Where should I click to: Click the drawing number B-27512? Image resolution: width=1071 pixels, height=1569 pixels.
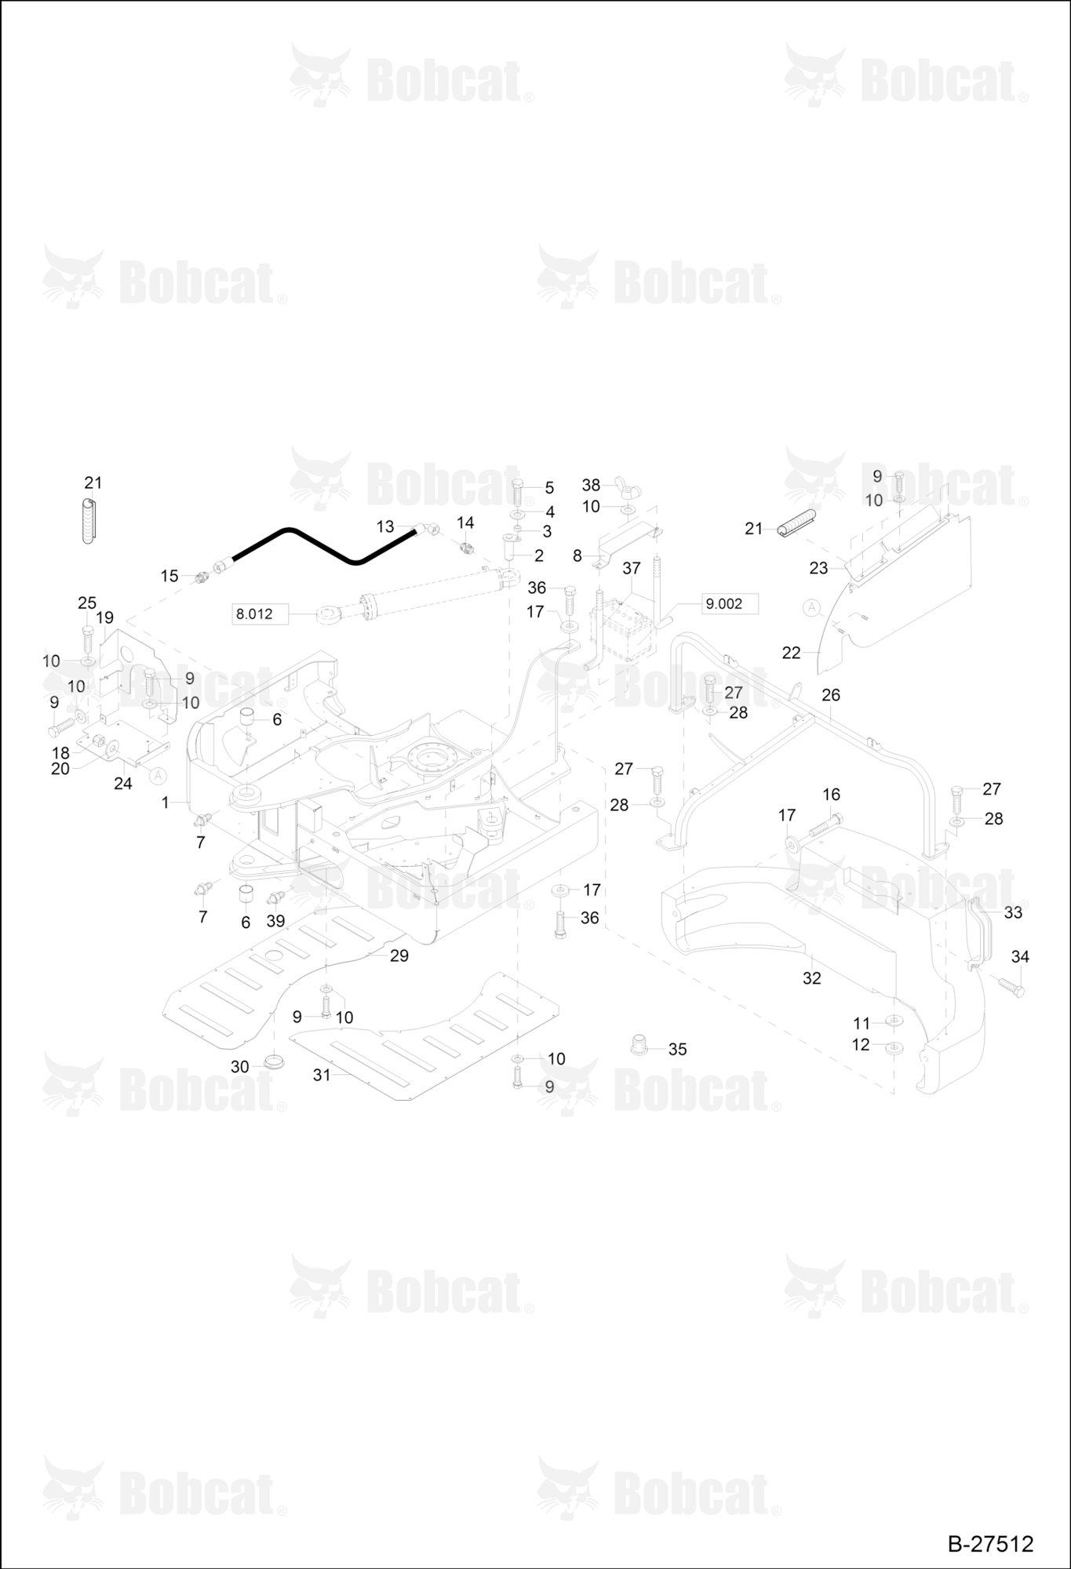[x=990, y=1543]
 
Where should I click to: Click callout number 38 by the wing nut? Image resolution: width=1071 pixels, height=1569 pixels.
[x=591, y=486]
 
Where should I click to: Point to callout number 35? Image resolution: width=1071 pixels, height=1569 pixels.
[x=677, y=1050]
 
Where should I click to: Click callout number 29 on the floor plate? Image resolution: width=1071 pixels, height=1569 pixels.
[x=399, y=956]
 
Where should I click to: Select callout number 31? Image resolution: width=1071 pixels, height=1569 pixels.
[x=322, y=1075]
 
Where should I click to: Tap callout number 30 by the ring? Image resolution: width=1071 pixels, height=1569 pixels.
[x=239, y=1067]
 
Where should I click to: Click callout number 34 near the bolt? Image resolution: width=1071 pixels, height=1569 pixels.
[x=1020, y=956]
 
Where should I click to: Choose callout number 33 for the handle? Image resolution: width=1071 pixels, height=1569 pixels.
[x=1013, y=912]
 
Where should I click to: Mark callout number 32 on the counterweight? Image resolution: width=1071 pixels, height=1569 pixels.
[x=811, y=978]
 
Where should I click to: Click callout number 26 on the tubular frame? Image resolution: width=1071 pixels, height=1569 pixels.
[x=831, y=695]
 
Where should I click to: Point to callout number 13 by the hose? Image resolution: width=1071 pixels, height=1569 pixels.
[x=385, y=527]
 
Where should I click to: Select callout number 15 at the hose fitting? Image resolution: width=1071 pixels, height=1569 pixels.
[x=169, y=577]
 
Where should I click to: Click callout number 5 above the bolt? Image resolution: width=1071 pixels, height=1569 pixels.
[x=549, y=489]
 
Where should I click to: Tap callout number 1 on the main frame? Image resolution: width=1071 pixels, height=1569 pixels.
[x=165, y=803]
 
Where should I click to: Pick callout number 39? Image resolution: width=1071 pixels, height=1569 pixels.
[x=275, y=921]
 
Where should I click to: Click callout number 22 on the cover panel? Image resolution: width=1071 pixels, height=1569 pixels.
[x=792, y=653]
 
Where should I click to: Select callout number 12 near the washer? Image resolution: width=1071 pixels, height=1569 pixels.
[x=861, y=1045]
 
